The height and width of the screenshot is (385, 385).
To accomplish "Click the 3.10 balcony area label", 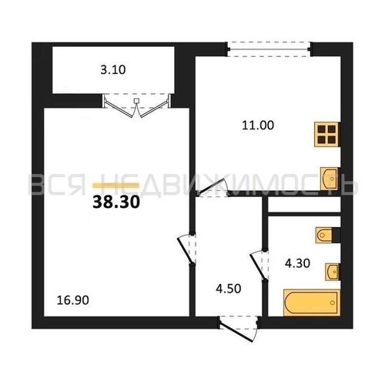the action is click(x=113, y=70).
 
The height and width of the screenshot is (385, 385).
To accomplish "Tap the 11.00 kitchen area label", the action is click(x=258, y=126).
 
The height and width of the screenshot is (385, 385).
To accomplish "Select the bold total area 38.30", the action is click(x=116, y=202).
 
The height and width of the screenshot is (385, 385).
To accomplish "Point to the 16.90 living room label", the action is click(x=73, y=300).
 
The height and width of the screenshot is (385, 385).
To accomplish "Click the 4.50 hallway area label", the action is click(x=229, y=289).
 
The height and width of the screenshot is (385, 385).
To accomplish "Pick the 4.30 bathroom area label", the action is click(x=297, y=263).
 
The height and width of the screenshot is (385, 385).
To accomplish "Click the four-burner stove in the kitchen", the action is click(x=326, y=135).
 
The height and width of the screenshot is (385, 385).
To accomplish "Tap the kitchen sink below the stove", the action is click(x=330, y=179).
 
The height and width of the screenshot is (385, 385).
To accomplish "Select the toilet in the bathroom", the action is click(x=325, y=235).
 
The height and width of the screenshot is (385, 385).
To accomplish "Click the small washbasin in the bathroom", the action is click(x=333, y=272).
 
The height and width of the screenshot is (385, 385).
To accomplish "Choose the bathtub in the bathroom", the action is click(x=312, y=303).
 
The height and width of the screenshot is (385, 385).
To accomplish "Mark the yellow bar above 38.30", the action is click(x=116, y=186).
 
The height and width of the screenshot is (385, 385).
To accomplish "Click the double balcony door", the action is click(x=137, y=105).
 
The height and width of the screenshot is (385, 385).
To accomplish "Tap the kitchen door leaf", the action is click(x=212, y=186).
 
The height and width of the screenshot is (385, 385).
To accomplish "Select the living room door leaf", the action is click(x=186, y=251).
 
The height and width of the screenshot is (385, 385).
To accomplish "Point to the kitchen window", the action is click(x=269, y=49).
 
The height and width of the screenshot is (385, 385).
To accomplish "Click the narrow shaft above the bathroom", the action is click(x=304, y=204).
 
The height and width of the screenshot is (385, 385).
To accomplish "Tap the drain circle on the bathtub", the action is click(x=333, y=303).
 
